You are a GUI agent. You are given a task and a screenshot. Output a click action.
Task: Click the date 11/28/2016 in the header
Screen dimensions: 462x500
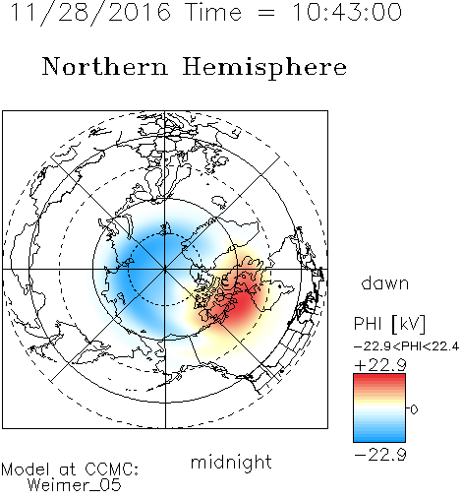pos(90,13)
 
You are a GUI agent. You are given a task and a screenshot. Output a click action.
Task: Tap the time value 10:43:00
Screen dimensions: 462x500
pos(347,13)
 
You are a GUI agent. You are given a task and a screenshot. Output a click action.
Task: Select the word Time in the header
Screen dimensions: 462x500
pos(213,13)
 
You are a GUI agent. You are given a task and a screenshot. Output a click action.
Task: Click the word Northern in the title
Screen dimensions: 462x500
pos(105,66)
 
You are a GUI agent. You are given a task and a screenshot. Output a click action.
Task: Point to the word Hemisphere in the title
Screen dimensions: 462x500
pos(264,68)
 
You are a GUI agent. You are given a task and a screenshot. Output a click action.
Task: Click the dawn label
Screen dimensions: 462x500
pos(385,282)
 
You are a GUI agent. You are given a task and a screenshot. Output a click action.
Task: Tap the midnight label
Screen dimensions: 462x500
pos(231,462)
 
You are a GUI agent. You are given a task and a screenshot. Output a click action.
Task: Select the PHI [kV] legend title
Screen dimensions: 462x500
pos(390,324)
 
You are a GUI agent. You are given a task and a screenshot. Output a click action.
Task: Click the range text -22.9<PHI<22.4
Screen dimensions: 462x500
pos(406,346)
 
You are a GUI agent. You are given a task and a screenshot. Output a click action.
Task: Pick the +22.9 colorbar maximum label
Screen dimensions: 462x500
pos(380,365)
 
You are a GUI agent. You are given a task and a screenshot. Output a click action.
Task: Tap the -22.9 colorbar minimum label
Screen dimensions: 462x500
pos(380,455)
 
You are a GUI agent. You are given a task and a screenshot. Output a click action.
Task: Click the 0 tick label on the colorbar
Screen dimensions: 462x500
pos(414,409)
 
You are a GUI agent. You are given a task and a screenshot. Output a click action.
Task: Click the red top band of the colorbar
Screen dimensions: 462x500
pos(379,380)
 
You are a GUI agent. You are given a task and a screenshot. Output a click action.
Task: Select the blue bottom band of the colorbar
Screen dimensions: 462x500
pos(379,436)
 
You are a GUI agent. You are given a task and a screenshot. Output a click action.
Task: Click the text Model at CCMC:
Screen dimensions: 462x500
pos(70,469)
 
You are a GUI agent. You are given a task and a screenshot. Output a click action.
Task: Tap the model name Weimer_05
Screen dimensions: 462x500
pos(75,485)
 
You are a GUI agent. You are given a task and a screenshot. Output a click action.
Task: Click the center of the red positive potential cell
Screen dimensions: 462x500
pos(241,303)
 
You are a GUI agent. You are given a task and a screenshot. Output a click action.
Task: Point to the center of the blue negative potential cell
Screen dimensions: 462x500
pos(144,263)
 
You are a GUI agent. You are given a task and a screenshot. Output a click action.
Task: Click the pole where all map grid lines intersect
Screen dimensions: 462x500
pos(165,270)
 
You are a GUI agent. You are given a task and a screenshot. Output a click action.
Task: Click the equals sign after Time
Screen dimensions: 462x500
pos(266,13)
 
